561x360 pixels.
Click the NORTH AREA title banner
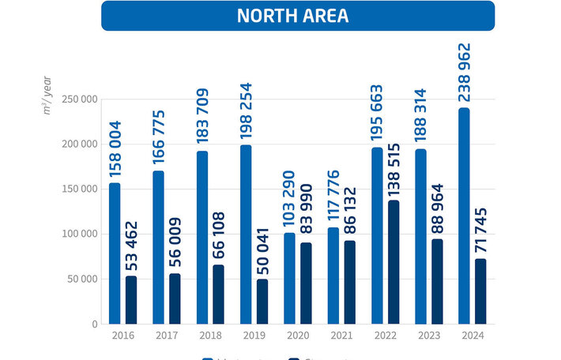coord(297,16)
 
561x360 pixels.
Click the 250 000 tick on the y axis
coord(80,99)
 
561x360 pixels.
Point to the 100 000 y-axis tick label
coord(80,234)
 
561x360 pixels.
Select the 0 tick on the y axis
coord(93,324)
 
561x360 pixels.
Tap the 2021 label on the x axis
coord(342,335)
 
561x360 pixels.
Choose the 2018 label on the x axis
coord(211,335)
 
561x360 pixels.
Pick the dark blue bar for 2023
coord(437,281)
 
